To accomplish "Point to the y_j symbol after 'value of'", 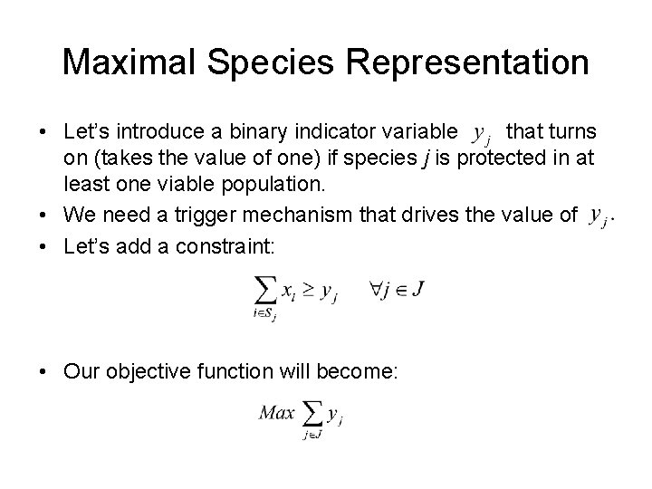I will (x=598, y=216).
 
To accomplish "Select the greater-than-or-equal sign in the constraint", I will (x=307, y=292).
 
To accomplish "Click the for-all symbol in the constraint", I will (x=376, y=290).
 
